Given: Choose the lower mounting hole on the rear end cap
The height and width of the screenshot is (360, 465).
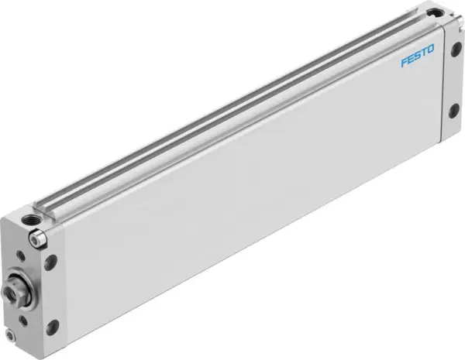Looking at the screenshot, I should pyautogui.click(x=453, y=113).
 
